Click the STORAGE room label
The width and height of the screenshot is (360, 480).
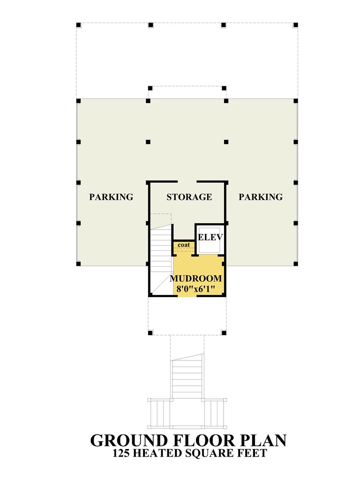(189, 197)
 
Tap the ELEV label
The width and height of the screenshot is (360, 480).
(210, 237)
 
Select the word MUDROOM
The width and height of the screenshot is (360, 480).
(196, 278)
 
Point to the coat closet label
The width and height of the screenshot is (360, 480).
(184, 245)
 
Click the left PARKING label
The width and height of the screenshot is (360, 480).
(111, 197)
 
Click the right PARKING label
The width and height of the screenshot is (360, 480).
(261, 197)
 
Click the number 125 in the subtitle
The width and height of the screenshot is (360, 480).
(121, 453)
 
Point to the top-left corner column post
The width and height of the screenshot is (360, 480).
(78, 25)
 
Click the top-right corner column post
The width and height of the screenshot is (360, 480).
(295, 25)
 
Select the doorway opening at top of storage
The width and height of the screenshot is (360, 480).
(187, 182)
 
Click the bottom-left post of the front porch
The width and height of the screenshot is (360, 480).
(150, 333)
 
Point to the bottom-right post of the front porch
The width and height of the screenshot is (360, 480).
(224, 333)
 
